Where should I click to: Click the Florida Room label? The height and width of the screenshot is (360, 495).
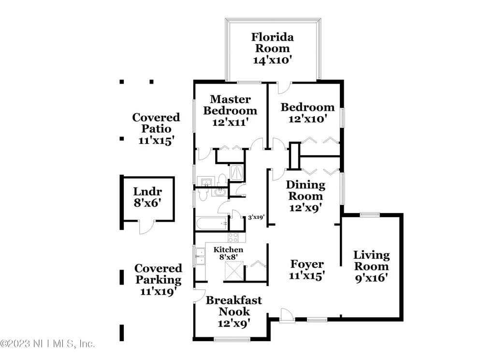pyautogui.click(x=273, y=43)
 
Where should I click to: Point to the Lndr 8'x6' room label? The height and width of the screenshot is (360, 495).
pyautogui.click(x=147, y=197)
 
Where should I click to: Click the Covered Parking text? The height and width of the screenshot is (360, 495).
pyautogui.click(x=159, y=274)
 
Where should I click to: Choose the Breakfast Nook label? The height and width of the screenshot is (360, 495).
pyautogui.click(x=233, y=306)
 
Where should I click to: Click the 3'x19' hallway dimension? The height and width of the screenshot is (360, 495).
pyautogui.click(x=256, y=218)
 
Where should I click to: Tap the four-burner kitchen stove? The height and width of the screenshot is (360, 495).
pyautogui.click(x=233, y=237)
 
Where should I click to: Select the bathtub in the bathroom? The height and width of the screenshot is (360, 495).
pyautogui.click(x=212, y=224)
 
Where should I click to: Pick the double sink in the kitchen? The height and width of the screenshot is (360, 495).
pyautogui.click(x=200, y=255)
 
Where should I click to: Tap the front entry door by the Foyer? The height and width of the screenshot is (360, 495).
pyautogui.click(x=286, y=315)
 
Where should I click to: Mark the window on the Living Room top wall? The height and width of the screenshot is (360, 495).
pyautogui.click(x=370, y=214)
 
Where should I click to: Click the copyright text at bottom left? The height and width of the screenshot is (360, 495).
pyautogui.click(x=47, y=344)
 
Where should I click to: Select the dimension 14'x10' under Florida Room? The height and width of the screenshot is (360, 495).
pyautogui.click(x=273, y=60)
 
